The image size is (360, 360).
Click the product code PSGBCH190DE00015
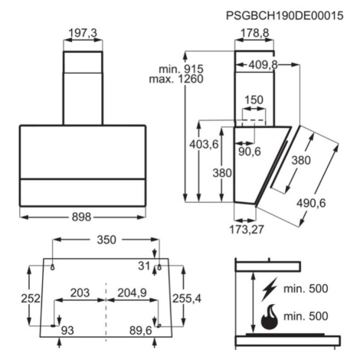(x=284, y=16)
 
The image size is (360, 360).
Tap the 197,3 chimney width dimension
(x=83, y=33)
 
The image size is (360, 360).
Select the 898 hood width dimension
(x=81, y=217)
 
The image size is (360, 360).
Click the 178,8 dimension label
(x=255, y=33)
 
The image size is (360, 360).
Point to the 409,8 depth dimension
(x=263, y=65)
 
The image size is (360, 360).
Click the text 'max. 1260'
(x=176, y=79)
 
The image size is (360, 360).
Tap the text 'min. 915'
(x=181, y=69)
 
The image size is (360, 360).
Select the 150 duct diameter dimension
(x=254, y=100)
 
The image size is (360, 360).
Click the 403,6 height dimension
(x=204, y=145)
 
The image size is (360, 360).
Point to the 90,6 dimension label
(x=250, y=152)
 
